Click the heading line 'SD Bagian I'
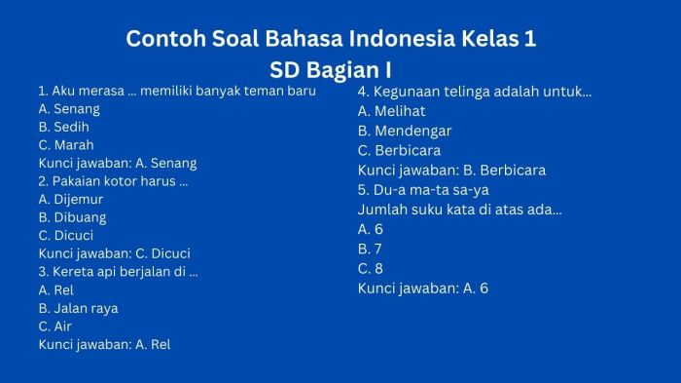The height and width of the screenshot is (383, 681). coord(330,70)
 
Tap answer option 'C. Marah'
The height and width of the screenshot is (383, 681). coord(66,145)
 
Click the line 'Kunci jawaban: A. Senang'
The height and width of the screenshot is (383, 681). coord(117,163)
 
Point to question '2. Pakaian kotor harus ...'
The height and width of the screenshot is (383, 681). coord(113,181)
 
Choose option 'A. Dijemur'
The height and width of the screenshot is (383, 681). coord(71,199)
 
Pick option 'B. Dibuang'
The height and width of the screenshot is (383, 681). coord(72,217)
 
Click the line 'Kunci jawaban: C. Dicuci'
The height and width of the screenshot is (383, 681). coord(114,253)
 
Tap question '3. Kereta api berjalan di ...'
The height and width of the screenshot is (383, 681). coord(118,272)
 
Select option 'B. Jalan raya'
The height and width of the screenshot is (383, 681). coord(78,308)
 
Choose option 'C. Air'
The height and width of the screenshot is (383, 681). coord(55,326)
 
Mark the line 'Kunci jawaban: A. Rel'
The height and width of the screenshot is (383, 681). coord(104,344)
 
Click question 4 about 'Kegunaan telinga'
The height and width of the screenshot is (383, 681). coord(475,92)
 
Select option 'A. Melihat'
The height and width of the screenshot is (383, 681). coord(391,111)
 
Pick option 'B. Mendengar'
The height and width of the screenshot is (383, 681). coord(405,131)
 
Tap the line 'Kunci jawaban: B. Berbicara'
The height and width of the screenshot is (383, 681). coord(451,170)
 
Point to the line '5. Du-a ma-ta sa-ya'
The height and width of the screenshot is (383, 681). coord(423,190)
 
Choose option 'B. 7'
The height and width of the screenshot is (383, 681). coord(371,249)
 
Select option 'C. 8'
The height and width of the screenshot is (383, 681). coord(371,268)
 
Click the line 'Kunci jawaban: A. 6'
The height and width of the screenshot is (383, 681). coord(423,287)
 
